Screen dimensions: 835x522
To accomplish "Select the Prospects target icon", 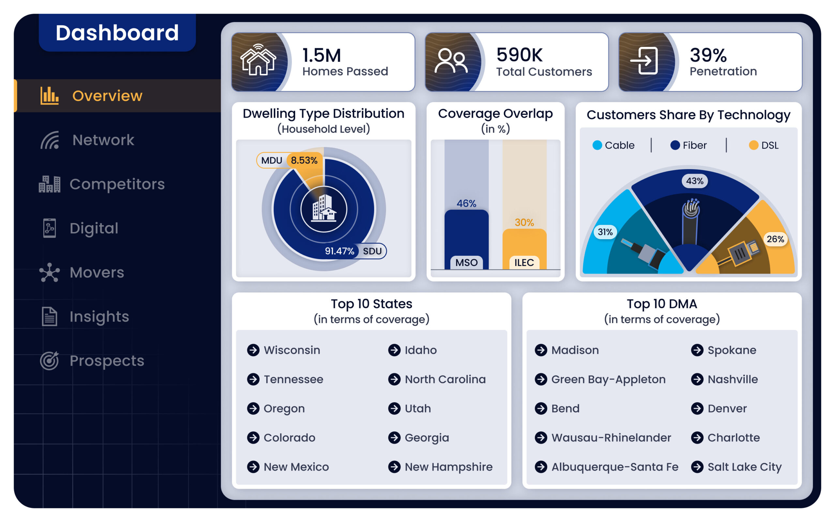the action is click(x=50, y=360).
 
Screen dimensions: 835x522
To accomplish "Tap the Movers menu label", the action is click(x=97, y=272).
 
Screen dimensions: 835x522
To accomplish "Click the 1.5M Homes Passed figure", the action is click(x=321, y=55).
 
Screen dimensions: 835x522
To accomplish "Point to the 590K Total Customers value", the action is click(x=520, y=54).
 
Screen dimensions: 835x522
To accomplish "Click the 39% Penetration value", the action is click(x=708, y=55).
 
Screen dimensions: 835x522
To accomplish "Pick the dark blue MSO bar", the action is click(x=466, y=239).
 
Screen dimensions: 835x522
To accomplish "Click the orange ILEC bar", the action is click(x=524, y=249).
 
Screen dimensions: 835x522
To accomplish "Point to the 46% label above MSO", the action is click(x=466, y=203).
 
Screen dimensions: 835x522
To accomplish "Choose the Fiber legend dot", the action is click(x=675, y=145).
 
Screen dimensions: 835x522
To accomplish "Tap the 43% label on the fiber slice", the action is click(x=695, y=181).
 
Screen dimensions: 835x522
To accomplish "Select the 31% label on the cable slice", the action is click(x=605, y=232).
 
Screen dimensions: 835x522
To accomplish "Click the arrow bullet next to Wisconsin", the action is click(x=253, y=350).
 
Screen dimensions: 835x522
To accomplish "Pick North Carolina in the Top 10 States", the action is click(x=445, y=379).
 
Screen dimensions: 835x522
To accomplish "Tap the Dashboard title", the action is click(x=117, y=33).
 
